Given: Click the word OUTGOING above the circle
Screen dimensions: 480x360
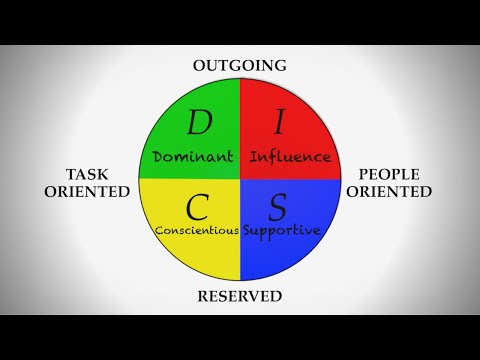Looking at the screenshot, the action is point(240,66).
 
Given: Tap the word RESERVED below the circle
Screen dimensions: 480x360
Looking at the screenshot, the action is point(240,296).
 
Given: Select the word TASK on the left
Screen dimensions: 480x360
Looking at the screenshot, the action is point(87,172).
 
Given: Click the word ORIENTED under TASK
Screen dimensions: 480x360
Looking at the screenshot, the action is point(87,190).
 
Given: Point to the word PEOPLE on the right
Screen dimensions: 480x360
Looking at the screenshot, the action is point(393,172).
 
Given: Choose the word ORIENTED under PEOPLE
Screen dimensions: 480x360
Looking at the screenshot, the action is point(393,190).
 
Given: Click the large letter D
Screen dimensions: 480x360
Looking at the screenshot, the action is point(198,124).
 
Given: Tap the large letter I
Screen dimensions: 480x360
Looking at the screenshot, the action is point(281,124).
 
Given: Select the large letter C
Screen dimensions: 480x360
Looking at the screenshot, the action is point(197,208).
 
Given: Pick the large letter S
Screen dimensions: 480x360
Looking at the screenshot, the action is point(280,208).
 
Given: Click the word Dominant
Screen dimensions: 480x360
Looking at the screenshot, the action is point(194,157).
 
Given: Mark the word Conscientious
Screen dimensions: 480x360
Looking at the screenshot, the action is point(196,231).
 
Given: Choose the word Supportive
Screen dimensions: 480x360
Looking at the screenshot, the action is point(283,231).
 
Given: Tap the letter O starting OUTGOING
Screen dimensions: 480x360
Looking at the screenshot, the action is point(199,66).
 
